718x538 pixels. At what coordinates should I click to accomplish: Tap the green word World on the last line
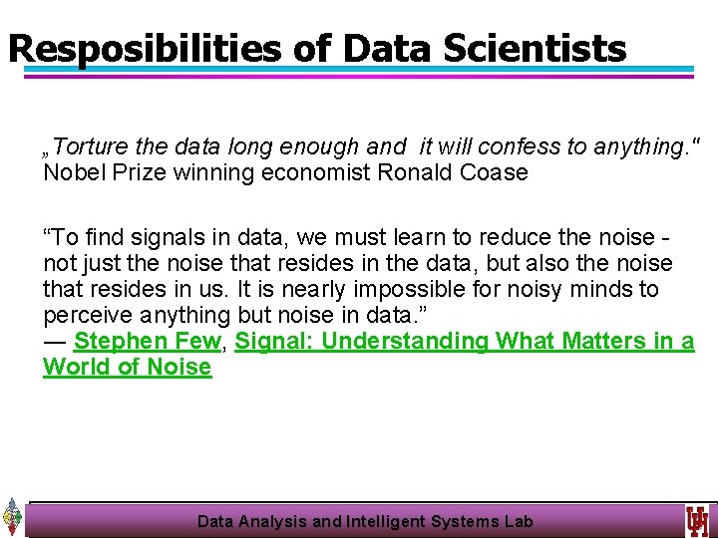[76, 367]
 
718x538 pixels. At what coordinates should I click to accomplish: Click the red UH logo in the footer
[696, 520]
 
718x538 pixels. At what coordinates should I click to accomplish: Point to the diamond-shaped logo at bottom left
[12, 516]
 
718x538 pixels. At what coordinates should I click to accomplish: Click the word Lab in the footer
[518, 521]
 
